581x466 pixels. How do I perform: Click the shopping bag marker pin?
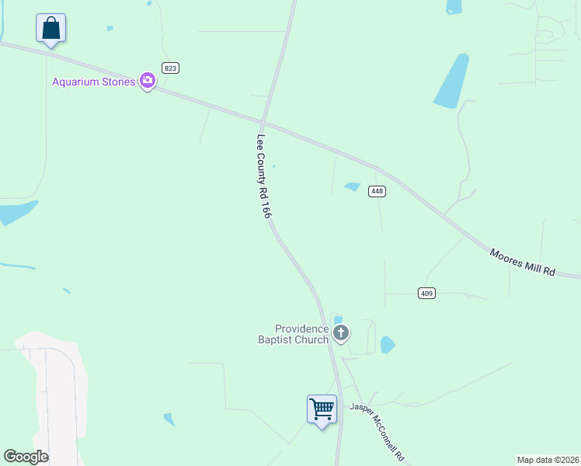[x=50, y=29]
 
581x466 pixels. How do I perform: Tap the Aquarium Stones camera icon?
[x=147, y=81]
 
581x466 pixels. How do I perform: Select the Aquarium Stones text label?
[x=93, y=82]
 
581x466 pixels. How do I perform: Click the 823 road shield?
[x=171, y=68]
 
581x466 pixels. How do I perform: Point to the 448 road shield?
[x=377, y=191]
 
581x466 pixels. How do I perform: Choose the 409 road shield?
[x=426, y=293]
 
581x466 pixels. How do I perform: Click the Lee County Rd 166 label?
[x=264, y=176]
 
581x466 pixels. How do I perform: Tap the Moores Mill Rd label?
[x=523, y=262]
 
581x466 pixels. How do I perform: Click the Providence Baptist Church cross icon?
[x=340, y=334]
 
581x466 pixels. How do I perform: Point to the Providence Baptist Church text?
[x=294, y=334]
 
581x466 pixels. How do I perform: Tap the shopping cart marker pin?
[x=322, y=409]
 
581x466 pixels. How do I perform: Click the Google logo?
[x=26, y=457]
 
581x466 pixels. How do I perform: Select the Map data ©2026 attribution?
[x=548, y=460]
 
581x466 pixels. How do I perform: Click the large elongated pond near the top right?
[x=452, y=81]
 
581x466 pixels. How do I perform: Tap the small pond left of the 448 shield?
[x=353, y=187]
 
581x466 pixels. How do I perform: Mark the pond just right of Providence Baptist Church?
[x=388, y=344]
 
